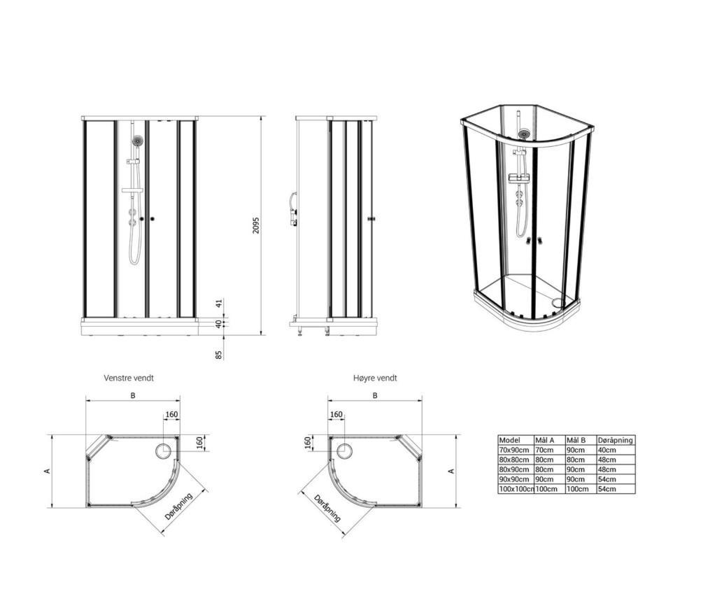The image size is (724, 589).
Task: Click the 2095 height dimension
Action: [x=256, y=225]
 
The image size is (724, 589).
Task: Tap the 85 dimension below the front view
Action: [x=219, y=355]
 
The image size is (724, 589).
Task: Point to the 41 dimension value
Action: [x=220, y=304]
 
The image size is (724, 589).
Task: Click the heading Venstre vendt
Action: [x=129, y=378]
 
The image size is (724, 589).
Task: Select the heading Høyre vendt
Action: [x=375, y=378]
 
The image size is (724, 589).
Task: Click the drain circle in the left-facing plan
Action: [x=164, y=450]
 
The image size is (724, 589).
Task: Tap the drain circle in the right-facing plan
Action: [x=344, y=450]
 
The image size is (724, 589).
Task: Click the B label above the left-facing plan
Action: [x=133, y=396]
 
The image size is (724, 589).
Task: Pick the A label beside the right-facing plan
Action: [x=452, y=471]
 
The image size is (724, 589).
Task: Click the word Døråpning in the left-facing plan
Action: [x=178, y=506]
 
